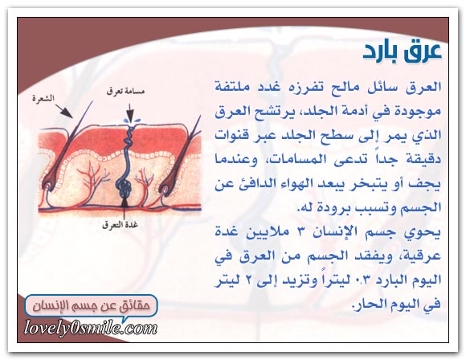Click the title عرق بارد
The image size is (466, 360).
click(x=402, y=51)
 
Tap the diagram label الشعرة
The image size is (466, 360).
click(x=43, y=98)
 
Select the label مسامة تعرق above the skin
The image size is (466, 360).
click(x=126, y=92)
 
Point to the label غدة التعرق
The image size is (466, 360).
click(x=120, y=225)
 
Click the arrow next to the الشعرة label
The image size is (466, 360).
click(x=64, y=111)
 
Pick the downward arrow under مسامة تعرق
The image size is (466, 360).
click(x=130, y=112)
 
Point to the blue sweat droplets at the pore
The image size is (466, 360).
click(x=131, y=121)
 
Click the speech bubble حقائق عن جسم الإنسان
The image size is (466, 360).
click(x=91, y=306)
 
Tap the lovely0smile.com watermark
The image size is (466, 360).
click(x=90, y=329)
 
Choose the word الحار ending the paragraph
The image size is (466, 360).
click(x=370, y=304)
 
